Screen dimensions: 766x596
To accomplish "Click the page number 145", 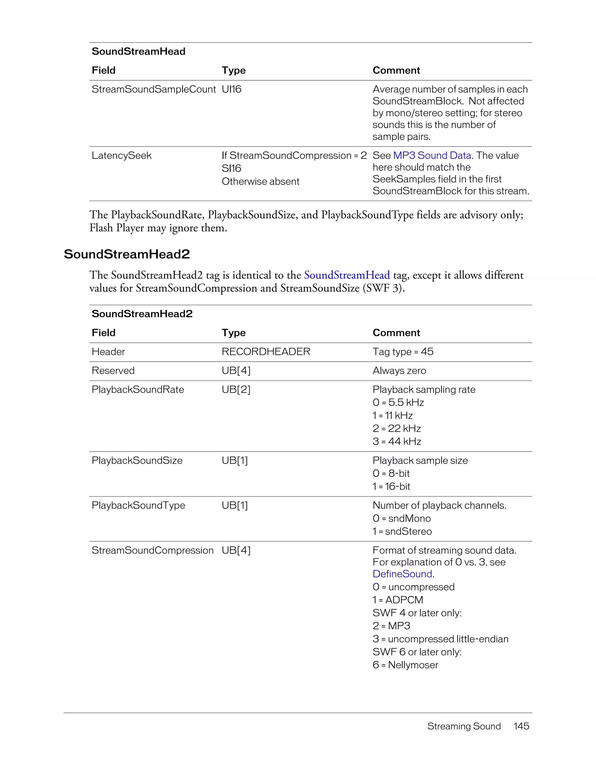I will point(521,726).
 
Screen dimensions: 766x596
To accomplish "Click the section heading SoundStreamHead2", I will point(127,254).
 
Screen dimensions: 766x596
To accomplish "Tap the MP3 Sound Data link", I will point(432,155).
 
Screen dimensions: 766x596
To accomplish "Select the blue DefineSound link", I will point(402,574).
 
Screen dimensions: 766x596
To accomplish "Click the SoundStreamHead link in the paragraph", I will point(347,275).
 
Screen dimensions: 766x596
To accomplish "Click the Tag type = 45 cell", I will point(403,351).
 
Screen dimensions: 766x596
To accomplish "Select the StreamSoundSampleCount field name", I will point(153,89).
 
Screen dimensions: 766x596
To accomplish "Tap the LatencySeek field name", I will point(121,155).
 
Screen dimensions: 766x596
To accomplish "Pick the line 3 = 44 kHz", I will point(397,441).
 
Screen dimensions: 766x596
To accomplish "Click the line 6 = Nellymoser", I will point(405,665).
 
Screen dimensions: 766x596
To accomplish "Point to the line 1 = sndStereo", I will point(402,531).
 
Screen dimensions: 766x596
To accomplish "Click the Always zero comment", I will point(399,370).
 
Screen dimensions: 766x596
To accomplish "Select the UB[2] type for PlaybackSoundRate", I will point(236,389).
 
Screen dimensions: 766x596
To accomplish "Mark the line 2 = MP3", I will point(391,626).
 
